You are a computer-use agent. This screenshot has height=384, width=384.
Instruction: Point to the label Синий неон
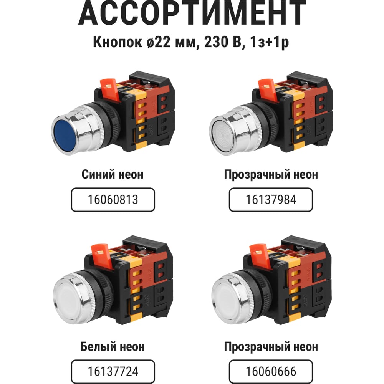coord(113,175)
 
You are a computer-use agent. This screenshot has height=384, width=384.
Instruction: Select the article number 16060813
coord(113,200)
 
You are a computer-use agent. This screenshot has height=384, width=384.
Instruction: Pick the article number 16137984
coord(271,200)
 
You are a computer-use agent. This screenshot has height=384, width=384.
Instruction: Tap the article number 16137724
coord(113,371)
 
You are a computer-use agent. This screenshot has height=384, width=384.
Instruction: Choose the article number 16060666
coord(271,371)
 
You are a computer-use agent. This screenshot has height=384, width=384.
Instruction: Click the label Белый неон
coord(113,347)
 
